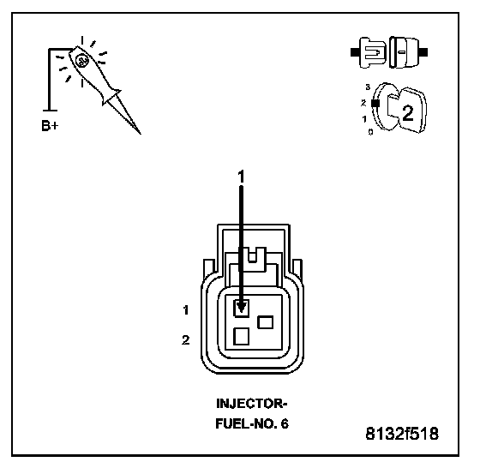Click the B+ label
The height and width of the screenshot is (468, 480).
(x=50, y=126)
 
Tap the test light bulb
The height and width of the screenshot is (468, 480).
(x=81, y=60)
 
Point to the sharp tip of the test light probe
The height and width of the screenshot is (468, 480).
(x=141, y=134)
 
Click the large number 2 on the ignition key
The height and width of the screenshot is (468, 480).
(x=407, y=113)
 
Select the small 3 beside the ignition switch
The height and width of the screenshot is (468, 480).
(x=368, y=87)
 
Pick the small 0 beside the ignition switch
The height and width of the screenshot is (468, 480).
(x=370, y=132)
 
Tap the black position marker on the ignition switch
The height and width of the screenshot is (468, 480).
(x=375, y=104)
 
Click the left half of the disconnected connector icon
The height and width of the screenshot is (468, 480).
(x=369, y=52)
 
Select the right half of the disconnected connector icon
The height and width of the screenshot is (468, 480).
(x=408, y=52)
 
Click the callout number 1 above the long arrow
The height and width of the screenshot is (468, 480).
(x=241, y=177)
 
